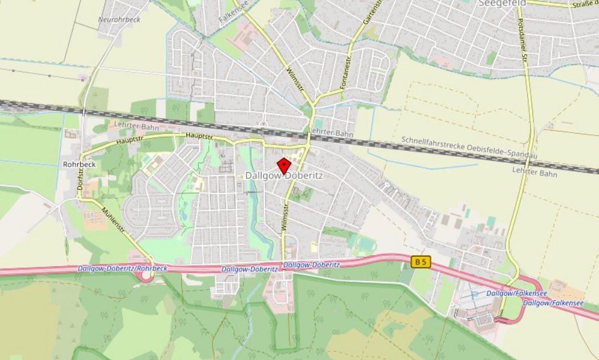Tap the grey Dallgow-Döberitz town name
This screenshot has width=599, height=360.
tap(285, 176)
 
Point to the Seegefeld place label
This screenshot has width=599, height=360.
tap(502, 3)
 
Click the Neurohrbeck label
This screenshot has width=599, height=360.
tap(119, 19)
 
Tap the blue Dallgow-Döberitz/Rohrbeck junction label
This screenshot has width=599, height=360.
tap(122, 268)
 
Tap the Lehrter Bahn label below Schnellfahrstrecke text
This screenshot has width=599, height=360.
tap(534, 173)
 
